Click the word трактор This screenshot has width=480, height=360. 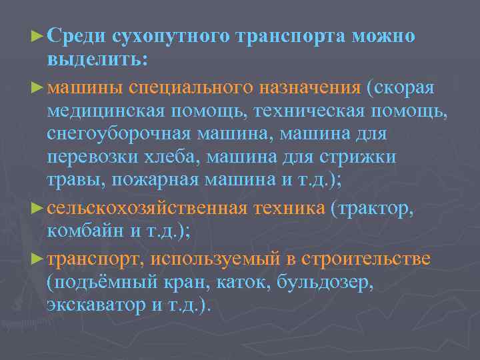click(x=377, y=209)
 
